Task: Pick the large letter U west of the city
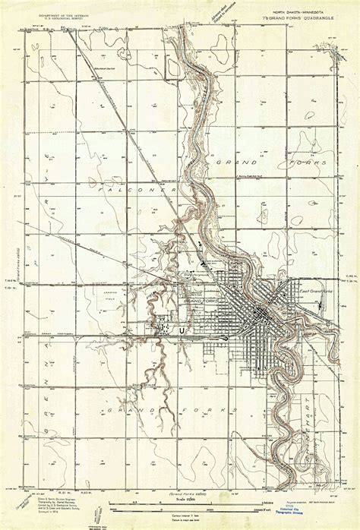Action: coord(181,330)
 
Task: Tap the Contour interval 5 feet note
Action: coord(182,516)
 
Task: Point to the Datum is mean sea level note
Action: coord(182,521)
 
